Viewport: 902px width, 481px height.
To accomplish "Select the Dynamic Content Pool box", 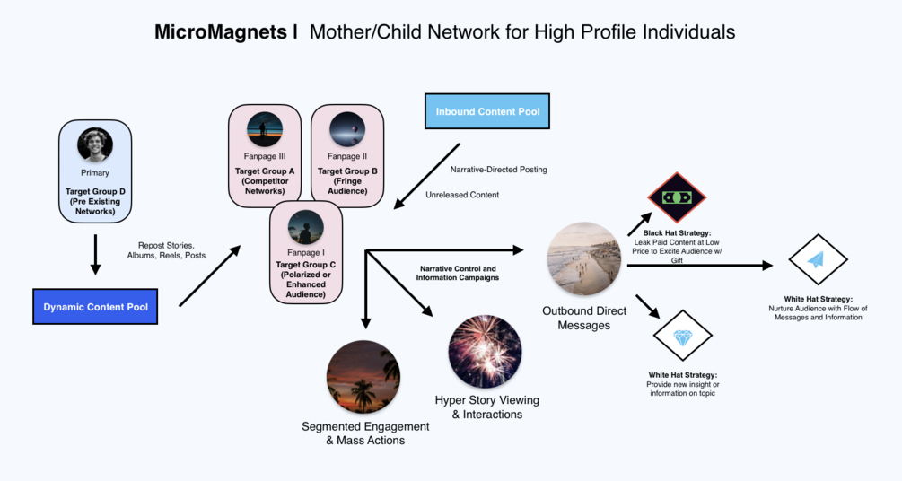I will [94, 307].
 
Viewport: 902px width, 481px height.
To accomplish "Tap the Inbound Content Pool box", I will [486, 112].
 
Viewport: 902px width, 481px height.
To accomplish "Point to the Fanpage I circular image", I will [306, 228].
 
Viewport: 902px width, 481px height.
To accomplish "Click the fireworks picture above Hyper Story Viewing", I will [485, 352].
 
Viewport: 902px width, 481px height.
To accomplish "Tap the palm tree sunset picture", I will [363, 377].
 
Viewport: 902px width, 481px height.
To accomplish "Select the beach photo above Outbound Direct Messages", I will [583, 259].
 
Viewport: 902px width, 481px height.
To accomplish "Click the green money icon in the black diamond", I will [678, 197].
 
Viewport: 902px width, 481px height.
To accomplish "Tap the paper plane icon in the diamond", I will [817, 260].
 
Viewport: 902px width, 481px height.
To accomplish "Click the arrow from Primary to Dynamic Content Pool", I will [95, 254].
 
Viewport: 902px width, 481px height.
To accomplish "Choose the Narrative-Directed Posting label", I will [498, 169].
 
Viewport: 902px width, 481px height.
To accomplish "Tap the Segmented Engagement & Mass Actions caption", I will [365, 433].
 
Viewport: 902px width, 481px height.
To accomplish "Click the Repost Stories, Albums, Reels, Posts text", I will [171, 250].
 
